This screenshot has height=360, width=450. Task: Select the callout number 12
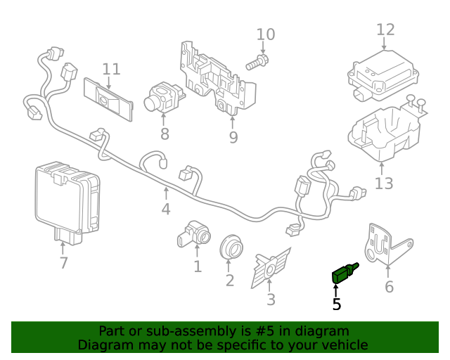coord(385,30)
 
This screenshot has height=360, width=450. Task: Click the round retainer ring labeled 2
coord(230,246)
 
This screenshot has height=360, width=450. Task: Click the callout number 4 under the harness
coord(166,210)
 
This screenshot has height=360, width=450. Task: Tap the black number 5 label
coord(337,304)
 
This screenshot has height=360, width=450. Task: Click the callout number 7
coord(63,263)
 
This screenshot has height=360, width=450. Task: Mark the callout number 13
coord(384,184)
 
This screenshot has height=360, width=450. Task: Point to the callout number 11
coord(111,69)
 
